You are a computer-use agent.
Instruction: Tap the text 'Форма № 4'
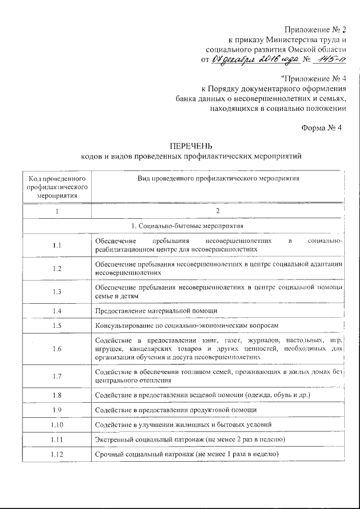(322, 128)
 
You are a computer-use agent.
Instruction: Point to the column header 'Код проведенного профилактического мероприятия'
(57, 187)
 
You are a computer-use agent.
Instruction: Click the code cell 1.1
(56, 245)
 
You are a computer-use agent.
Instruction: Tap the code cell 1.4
(56, 310)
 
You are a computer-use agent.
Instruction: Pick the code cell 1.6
(56, 349)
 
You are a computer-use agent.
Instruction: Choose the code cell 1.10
(56, 424)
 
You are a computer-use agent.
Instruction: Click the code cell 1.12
(56, 454)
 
